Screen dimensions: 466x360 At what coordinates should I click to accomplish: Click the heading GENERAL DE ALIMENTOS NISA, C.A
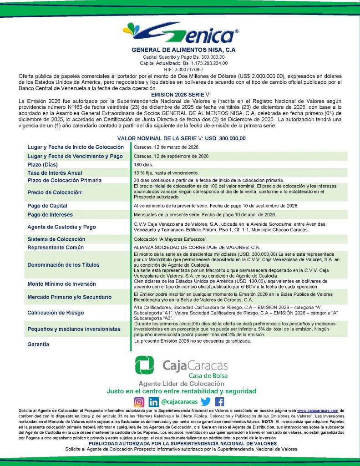point(180,50)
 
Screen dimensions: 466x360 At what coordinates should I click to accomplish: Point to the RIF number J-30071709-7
point(180,69)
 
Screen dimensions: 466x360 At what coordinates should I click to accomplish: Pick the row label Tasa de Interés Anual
point(55,172)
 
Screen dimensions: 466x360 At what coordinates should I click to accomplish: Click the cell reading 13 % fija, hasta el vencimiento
point(166,173)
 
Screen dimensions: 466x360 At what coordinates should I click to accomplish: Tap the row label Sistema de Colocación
point(56,239)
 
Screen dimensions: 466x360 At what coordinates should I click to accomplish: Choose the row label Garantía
point(38,344)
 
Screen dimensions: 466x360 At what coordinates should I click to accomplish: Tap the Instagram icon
point(139,402)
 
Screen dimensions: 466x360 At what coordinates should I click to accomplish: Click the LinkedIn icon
point(154,402)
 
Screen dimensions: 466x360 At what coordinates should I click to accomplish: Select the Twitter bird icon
point(206,402)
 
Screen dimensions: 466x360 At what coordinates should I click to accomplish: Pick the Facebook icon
point(219,402)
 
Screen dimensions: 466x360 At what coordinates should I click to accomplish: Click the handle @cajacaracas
point(179,402)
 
